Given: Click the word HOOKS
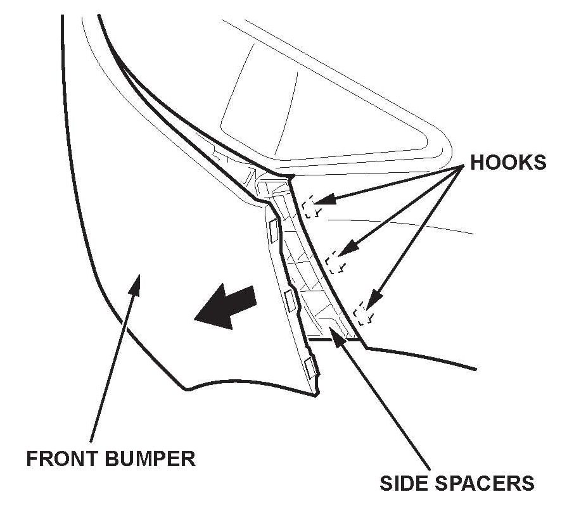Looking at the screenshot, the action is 507,162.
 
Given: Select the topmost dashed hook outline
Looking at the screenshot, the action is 310,208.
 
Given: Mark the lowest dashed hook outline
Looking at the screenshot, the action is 362,312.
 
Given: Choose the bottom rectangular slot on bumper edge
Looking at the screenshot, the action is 310,368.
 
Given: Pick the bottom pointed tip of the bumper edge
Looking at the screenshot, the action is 316,393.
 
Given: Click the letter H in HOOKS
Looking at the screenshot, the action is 476,162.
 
